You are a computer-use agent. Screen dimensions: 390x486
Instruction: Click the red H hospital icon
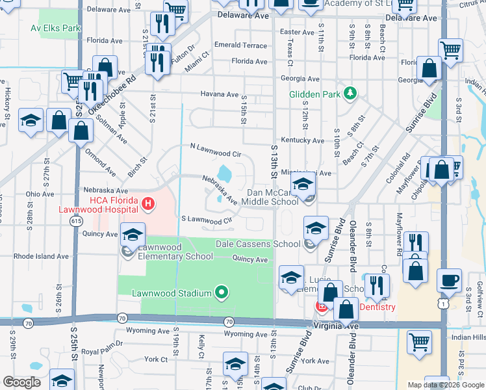(x=148, y=205)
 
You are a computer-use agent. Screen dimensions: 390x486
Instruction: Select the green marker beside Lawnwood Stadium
(x=221, y=293)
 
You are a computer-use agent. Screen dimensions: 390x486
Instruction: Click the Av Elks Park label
(x=55, y=29)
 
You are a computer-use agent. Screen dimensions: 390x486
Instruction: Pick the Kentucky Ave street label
(x=302, y=140)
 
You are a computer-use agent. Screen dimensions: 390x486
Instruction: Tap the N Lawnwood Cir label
(x=216, y=153)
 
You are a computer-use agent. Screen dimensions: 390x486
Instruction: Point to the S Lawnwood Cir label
(x=207, y=220)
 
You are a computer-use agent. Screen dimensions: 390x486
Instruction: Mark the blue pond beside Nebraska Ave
(x=224, y=174)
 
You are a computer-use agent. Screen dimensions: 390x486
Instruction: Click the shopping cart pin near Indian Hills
(x=420, y=341)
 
